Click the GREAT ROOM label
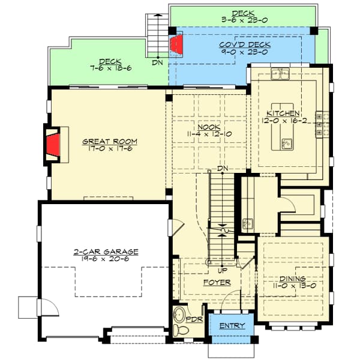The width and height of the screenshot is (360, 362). [110, 142]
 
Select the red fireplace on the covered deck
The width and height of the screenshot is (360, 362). [176, 44]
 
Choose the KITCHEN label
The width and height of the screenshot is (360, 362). [283, 113]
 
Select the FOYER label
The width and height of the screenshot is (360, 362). [217, 282]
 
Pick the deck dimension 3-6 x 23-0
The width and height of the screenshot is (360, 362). [244, 19]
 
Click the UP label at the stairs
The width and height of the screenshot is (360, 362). [213, 271]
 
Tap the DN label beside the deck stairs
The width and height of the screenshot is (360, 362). [157, 62]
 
